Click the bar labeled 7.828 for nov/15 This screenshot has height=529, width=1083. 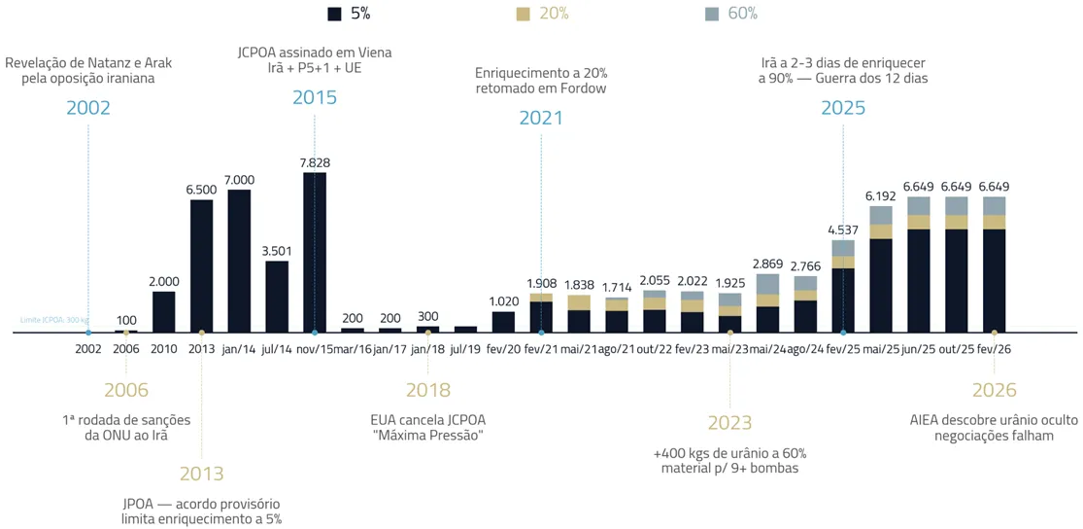(x=315, y=253)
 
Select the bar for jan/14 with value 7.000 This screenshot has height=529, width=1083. (x=239, y=261)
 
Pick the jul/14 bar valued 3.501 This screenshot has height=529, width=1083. (x=277, y=297)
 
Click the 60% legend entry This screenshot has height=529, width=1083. (x=729, y=14)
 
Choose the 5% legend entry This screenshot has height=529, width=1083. (x=350, y=14)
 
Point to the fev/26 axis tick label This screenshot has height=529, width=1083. (x=994, y=348)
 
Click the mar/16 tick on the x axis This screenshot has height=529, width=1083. (x=353, y=348)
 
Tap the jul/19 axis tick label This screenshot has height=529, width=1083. (x=465, y=348)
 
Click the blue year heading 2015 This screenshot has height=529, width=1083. (x=315, y=97)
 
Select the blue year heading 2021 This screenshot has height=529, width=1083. (x=541, y=119)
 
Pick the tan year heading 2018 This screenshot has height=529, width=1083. (x=428, y=391)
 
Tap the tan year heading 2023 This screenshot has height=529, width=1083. (x=729, y=423)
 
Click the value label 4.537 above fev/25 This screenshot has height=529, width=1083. (x=843, y=230)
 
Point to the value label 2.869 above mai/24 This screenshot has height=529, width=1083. (x=767, y=264)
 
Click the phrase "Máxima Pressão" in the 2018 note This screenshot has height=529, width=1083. (x=428, y=436)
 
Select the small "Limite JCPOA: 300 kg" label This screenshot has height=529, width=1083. (x=54, y=319)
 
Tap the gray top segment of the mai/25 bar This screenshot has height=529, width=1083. (x=881, y=215)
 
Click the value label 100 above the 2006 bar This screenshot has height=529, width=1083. (x=126, y=320)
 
